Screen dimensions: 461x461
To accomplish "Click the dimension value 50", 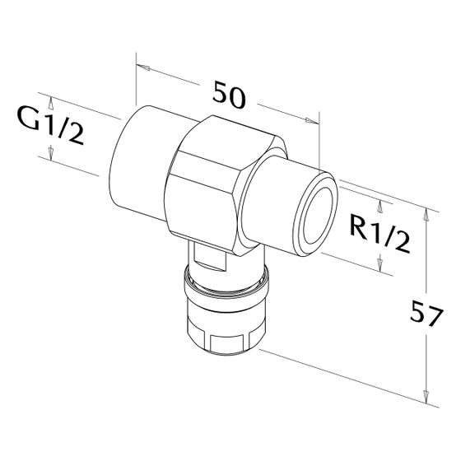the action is (x=229, y=95).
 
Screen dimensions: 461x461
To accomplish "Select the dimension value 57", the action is (x=426, y=313).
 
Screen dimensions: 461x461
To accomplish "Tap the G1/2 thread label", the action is (x=50, y=124).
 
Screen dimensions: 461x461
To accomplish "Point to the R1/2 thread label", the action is (x=380, y=233).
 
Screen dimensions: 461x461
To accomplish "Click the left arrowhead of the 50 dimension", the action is (x=143, y=68).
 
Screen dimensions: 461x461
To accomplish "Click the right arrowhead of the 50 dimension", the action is (x=312, y=120).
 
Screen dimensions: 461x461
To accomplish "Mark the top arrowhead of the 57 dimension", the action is (x=425, y=214).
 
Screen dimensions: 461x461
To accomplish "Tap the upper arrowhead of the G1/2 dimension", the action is (x=51, y=103).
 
